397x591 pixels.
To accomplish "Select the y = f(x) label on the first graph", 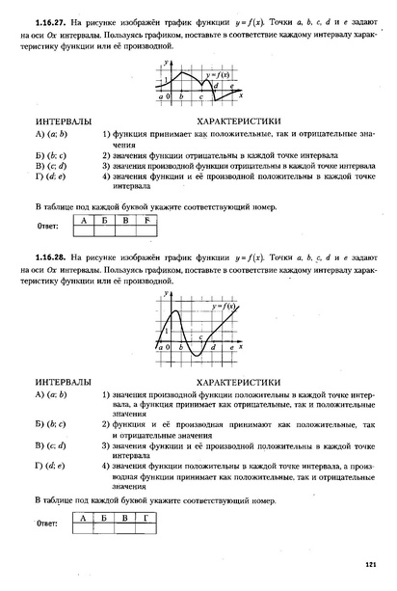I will pos(217,74).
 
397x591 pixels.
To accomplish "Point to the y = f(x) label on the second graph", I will pos(224,306).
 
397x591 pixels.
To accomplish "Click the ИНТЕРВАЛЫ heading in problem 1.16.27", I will pos(63,122).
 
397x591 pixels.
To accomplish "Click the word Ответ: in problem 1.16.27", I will pos(47,228).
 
